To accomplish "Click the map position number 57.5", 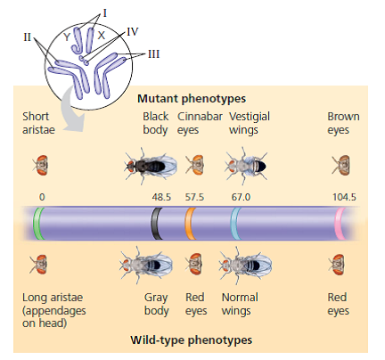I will point(193,196).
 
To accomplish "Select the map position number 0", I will point(41,196).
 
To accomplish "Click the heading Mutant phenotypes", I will point(192,98).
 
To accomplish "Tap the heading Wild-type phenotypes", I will point(192,340).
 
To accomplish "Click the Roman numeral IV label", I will point(132,31).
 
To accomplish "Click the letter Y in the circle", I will point(67,36).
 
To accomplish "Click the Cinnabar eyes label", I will point(194,123).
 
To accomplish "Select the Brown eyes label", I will point(343,123).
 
